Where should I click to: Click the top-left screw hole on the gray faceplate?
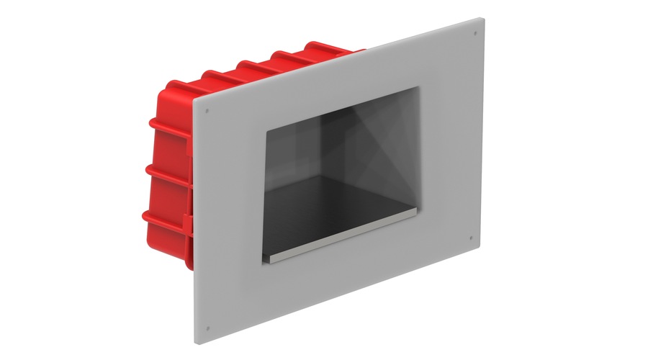(207, 110)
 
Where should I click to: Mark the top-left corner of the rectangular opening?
(266, 130)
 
